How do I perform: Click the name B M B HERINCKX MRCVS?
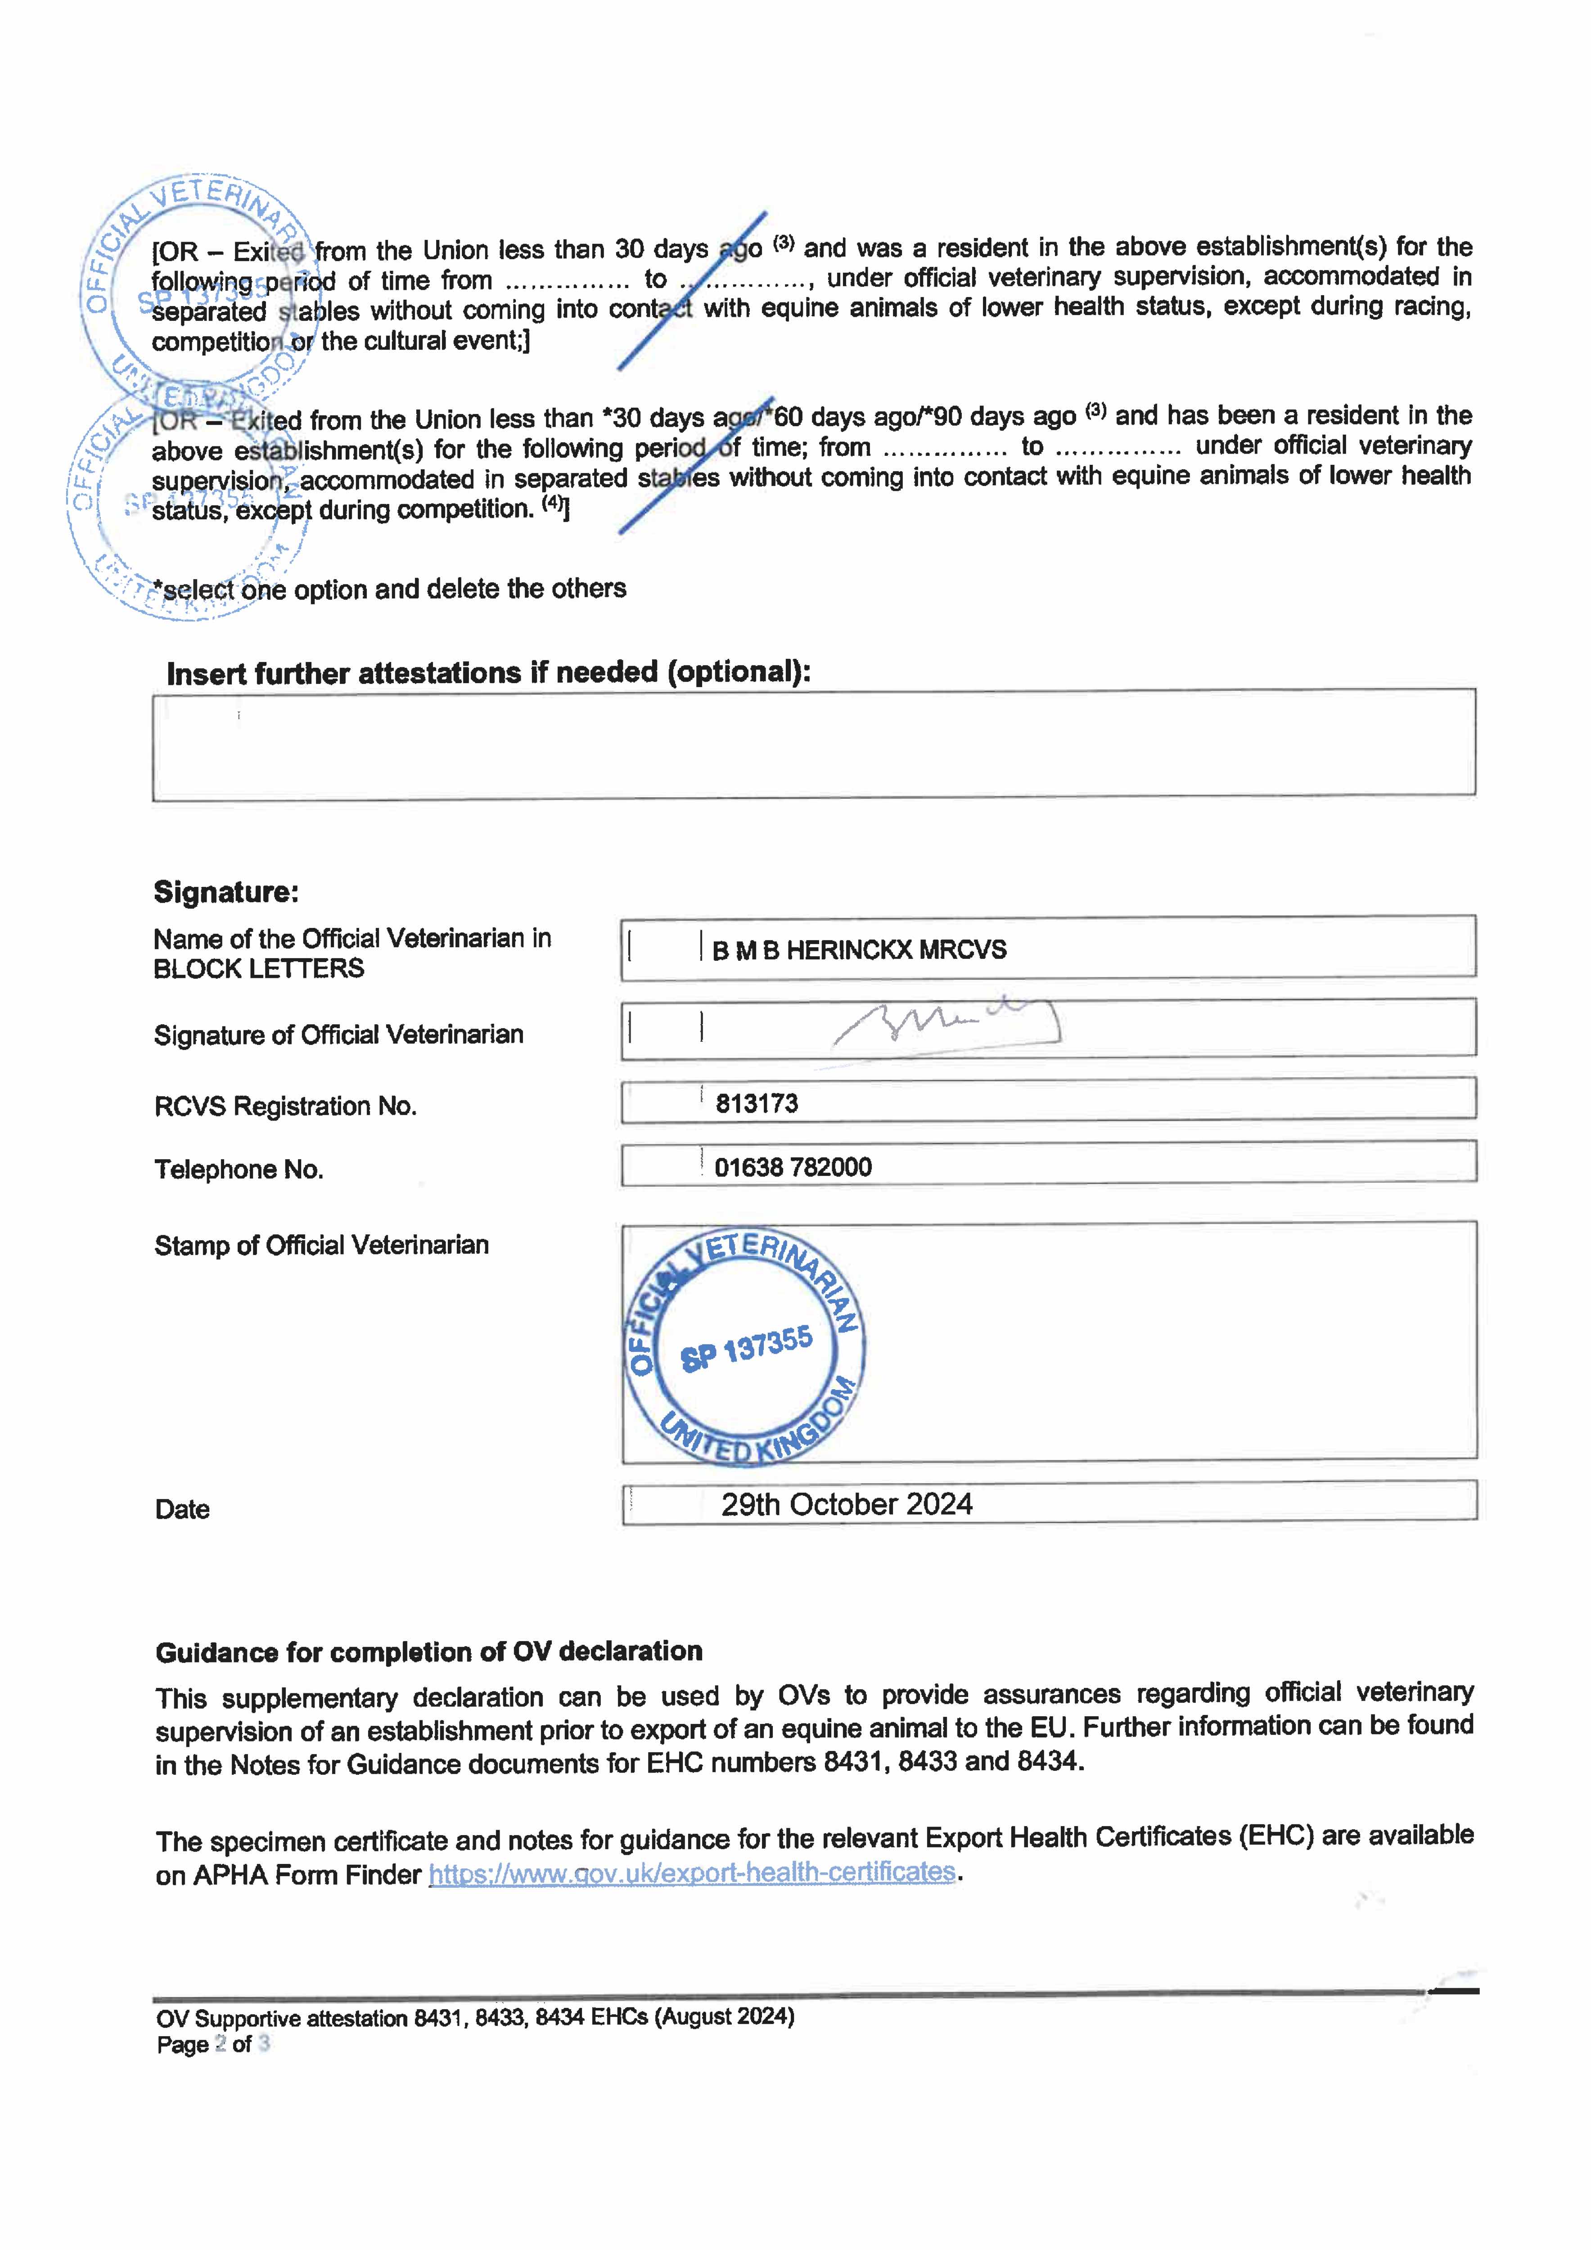coord(859,949)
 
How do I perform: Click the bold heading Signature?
coord(225,892)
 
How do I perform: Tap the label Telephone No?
coord(238,1169)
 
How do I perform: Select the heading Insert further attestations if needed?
coord(488,673)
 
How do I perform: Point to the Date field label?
coord(182,1509)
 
